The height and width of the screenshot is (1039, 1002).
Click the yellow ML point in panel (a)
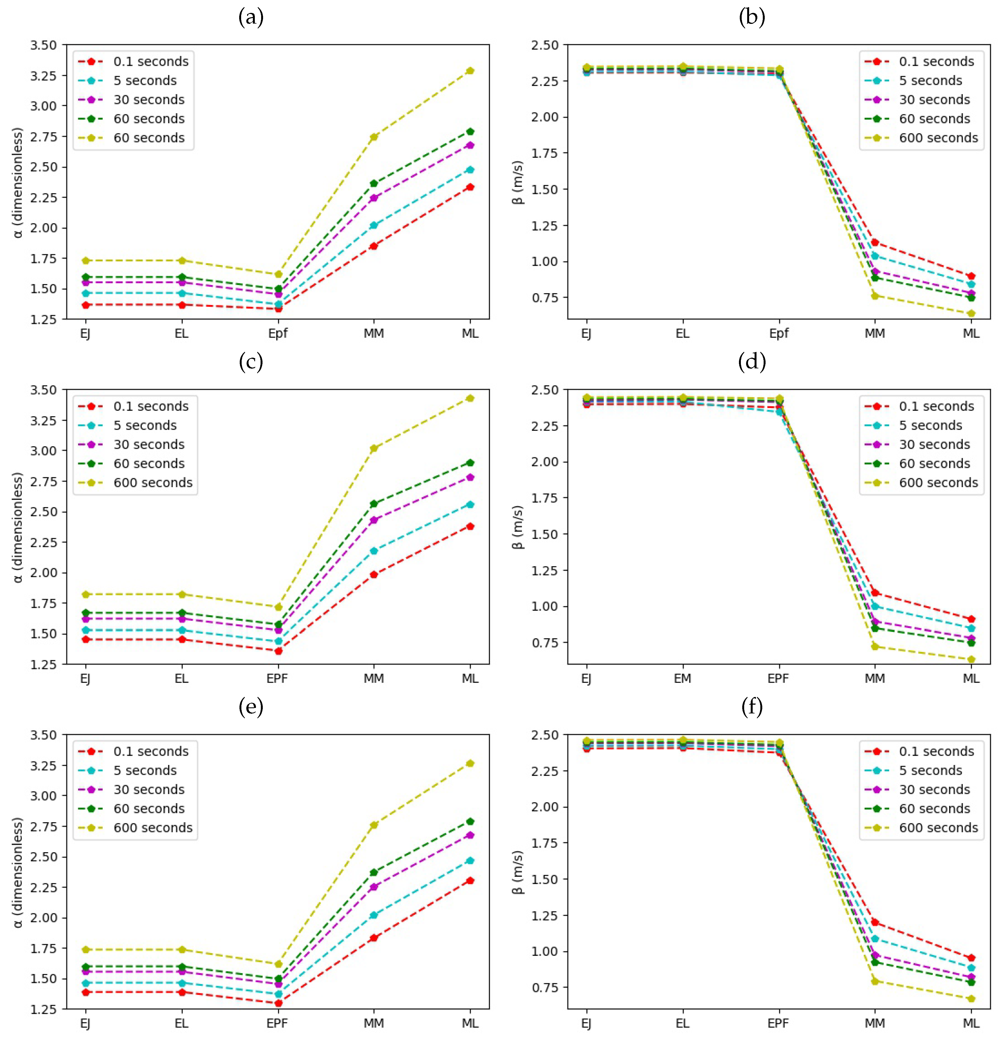click(x=470, y=70)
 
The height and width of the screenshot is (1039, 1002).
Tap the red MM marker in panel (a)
click(x=374, y=246)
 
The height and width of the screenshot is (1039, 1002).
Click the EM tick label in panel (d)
click(x=682, y=679)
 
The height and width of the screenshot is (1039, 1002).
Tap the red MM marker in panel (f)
click(x=875, y=922)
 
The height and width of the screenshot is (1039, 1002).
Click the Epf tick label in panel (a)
click(x=277, y=334)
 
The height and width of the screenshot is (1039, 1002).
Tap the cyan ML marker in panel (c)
click(x=470, y=505)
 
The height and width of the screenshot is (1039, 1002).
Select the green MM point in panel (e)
click(x=374, y=872)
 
